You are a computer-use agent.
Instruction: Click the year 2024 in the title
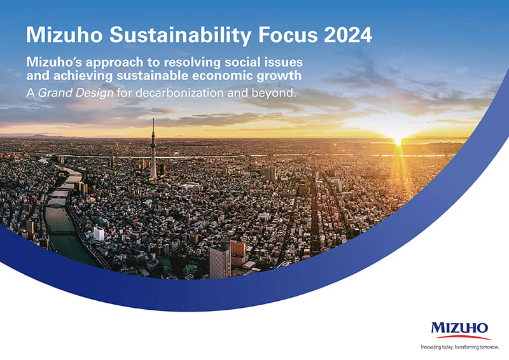pos(347,35)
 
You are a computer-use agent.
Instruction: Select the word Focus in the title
pos(288,35)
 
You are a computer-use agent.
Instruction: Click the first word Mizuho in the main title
pos(64,35)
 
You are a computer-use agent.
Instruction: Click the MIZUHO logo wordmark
pos(459,328)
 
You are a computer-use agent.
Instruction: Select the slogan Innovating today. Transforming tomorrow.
pos(459,347)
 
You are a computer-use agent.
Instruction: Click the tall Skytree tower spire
pos(153,149)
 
